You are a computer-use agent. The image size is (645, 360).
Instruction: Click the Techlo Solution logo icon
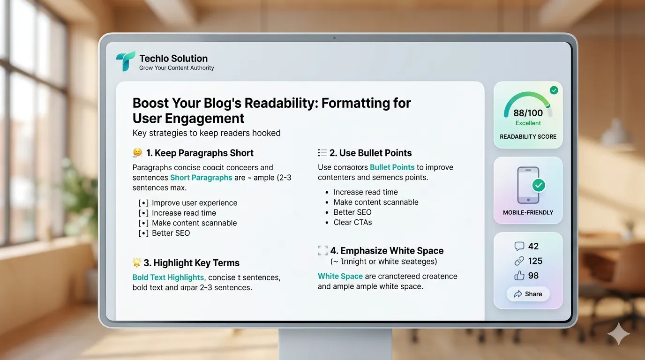click(126, 61)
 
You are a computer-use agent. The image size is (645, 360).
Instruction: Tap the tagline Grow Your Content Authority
click(176, 68)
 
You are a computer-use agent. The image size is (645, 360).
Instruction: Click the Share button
click(528, 294)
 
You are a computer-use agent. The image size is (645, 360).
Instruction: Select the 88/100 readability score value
click(528, 113)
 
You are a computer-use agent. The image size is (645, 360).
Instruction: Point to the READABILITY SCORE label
click(528, 136)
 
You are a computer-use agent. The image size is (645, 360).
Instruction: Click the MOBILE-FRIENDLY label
click(528, 212)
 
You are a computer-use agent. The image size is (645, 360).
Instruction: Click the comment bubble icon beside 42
click(519, 246)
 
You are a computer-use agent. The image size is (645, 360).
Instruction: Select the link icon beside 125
click(519, 261)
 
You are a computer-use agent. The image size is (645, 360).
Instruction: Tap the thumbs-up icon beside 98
click(519, 276)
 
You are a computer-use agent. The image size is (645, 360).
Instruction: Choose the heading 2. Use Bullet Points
click(370, 153)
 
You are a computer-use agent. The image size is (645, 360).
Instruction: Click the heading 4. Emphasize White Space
click(391, 251)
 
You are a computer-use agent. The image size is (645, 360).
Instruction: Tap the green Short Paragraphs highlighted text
click(201, 178)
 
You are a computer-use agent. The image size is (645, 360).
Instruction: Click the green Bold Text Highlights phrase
click(168, 277)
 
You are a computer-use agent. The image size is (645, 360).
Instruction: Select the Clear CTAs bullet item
click(352, 222)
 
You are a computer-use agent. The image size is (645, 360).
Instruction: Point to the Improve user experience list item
click(195, 203)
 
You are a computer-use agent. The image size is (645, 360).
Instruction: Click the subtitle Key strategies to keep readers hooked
click(206, 133)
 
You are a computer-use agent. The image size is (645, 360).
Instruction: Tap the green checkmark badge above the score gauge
click(554, 90)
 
